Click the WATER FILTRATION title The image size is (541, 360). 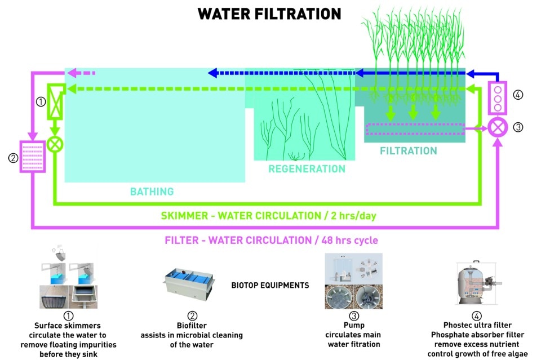pyautogui.click(x=269, y=14)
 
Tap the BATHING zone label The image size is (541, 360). pyautogui.click(x=152, y=192)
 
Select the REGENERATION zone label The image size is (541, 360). pyautogui.click(x=307, y=169)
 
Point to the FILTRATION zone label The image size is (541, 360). pyautogui.click(x=409, y=150)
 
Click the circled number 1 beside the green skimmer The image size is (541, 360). pyautogui.click(x=41, y=102)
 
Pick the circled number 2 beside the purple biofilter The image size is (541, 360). pyautogui.click(x=13, y=158)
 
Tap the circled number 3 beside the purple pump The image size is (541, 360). pyautogui.click(x=518, y=127)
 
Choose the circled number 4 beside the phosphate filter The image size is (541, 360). pyautogui.click(x=518, y=95)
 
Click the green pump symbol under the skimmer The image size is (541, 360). pyautogui.click(x=55, y=144)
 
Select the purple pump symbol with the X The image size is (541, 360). pyautogui.click(x=498, y=127)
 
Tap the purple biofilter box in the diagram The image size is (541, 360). pyautogui.click(x=33, y=157)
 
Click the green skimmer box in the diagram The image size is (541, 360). pyautogui.click(x=56, y=101)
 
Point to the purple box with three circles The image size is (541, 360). pyautogui.click(x=498, y=98)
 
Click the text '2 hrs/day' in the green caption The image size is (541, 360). pyautogui.click(x=354, y=216)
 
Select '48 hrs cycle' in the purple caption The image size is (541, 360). pyautogui.click(x=349, y=240)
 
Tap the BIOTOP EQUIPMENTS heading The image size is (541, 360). pyautogui.click(x=270, y=286)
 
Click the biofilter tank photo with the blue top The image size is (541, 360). pyautogui.click(x=189, y=285)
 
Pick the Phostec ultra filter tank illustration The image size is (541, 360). pyautogui.click(x=478, y=283)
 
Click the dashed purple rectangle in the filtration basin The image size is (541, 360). pyautogui.click(x=415, y=129)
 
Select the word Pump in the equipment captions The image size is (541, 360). pyautogui.click(x=354, y=325)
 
